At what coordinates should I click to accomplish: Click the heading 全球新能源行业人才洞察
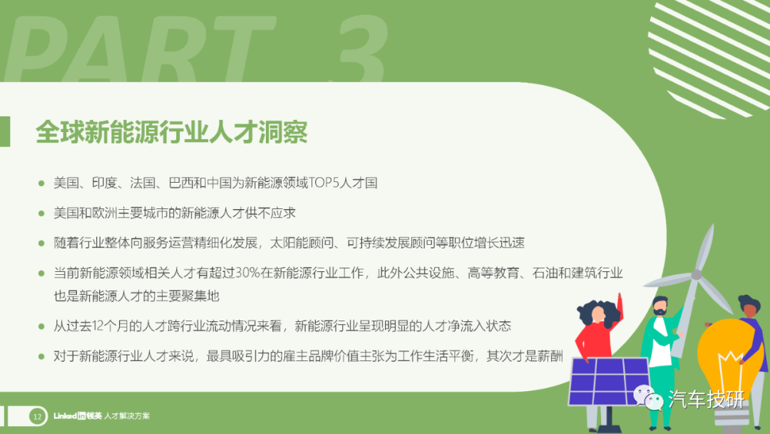click(x=171, y=132)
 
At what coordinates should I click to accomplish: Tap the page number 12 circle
click(x=37, y=416)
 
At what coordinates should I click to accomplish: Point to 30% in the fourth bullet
click(x=247, y=273)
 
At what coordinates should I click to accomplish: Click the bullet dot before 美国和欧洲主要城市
click(x=41, y=213)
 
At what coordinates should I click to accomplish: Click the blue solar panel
click(x=608, y=382)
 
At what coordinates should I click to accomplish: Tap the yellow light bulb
click(x=730, y=361)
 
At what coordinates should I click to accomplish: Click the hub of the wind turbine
click(x=697, y=275)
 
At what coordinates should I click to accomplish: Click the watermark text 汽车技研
click(x=706, y=399)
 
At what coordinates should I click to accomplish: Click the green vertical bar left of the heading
click(x=5, y=131)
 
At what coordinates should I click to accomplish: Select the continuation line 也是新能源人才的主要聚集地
click(x=136, y=296)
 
